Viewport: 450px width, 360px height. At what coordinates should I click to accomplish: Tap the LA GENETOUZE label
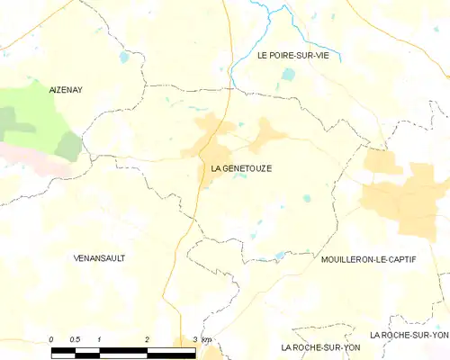point(241,168)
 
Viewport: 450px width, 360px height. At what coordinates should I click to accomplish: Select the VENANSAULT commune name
point(99,257)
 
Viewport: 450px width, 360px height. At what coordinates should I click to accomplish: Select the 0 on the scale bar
point(51,338)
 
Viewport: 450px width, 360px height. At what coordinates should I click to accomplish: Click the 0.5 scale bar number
point(75,338)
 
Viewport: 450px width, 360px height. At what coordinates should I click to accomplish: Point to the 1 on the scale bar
point(99,338)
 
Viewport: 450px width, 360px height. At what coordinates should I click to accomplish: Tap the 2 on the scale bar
point(147,338)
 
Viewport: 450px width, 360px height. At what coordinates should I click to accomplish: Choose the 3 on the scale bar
point(194,338)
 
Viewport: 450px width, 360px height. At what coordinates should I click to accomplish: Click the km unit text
point(207,338)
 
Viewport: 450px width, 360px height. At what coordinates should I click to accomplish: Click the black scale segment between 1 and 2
point(123,350)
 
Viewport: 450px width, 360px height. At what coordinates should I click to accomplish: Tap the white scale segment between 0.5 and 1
point(87,350)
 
